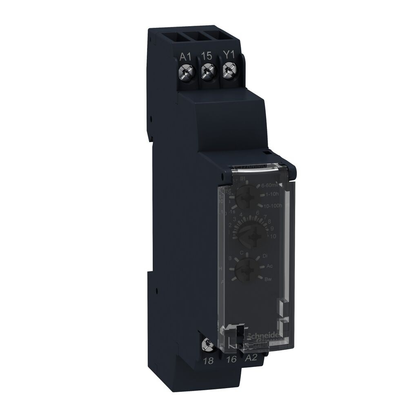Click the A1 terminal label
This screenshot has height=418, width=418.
[186, 56]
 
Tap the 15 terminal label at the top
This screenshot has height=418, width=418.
[207, 56]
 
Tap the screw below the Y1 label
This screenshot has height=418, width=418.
[228, 73]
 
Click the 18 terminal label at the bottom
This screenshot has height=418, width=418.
[209, 360]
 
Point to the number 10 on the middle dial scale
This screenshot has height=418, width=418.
[274, 236]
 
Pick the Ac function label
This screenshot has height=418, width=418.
[269, 266]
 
